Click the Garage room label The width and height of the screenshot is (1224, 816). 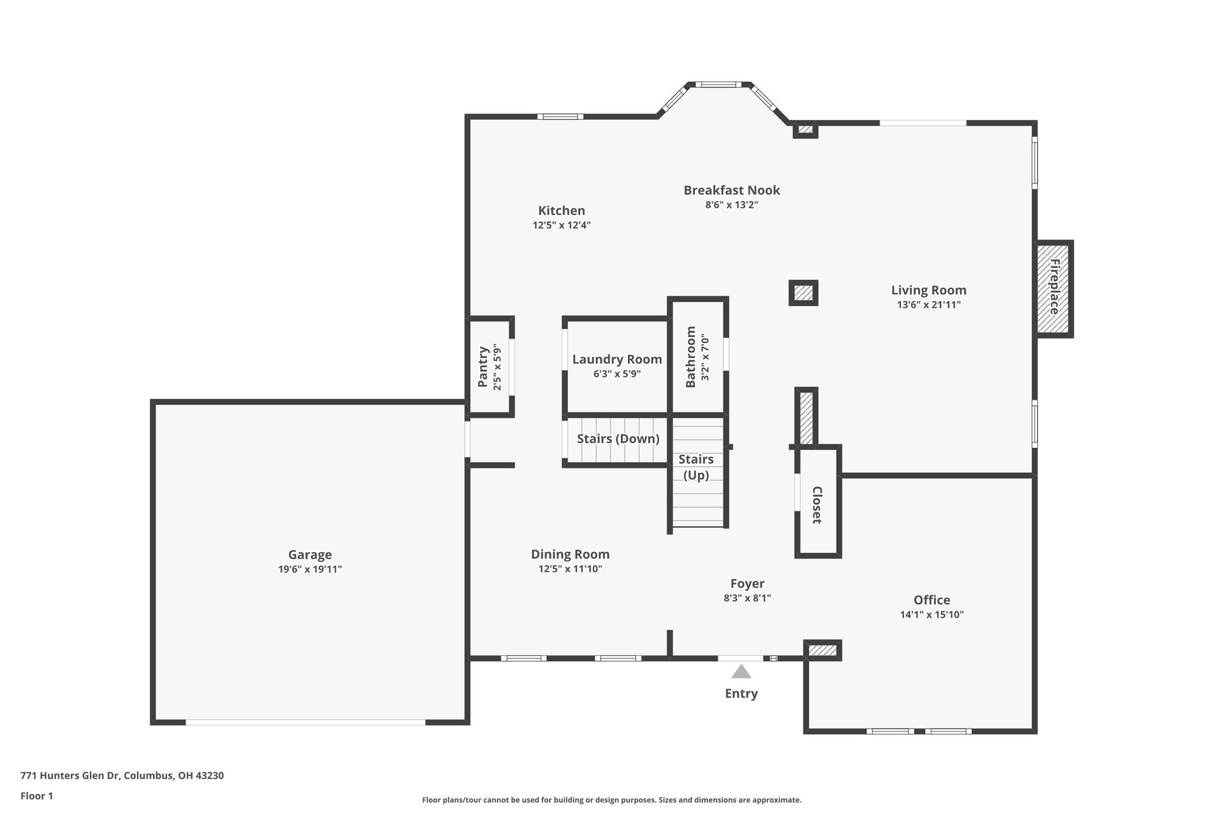click(310, 555)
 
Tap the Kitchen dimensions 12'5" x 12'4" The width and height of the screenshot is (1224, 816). click(562, 225)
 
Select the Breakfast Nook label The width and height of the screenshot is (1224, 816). click(731, 190)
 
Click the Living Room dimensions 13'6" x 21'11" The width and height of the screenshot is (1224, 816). click(928, 305)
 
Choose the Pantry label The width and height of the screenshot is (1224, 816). click(483, 367)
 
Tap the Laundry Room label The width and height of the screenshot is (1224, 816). click(616, 359)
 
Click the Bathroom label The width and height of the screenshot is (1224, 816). click(690, 357)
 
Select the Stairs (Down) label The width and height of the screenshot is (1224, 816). click(618, 439)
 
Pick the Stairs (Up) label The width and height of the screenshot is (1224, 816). click(696, 467)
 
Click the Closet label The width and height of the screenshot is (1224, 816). click(817, 505)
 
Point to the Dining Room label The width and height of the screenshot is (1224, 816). click(570, 554)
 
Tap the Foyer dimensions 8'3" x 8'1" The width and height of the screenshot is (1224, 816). click(747, 598)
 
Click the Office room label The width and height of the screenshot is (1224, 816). click(931, 600)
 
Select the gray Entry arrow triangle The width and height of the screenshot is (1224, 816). click(741, 672)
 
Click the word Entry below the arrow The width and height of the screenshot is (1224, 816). click(741, 694)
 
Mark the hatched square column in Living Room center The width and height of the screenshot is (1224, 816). click(803, 293)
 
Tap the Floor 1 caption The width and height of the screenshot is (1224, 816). click(37, 796)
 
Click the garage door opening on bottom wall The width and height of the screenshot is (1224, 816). click(305, 722)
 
